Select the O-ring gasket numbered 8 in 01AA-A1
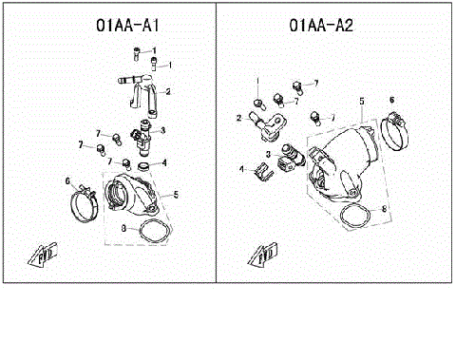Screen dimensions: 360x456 point(151,229)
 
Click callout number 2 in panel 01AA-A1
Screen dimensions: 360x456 point(168,92)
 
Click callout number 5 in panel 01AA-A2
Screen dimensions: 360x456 point(362,99)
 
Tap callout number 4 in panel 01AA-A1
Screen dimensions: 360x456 point(165,162)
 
